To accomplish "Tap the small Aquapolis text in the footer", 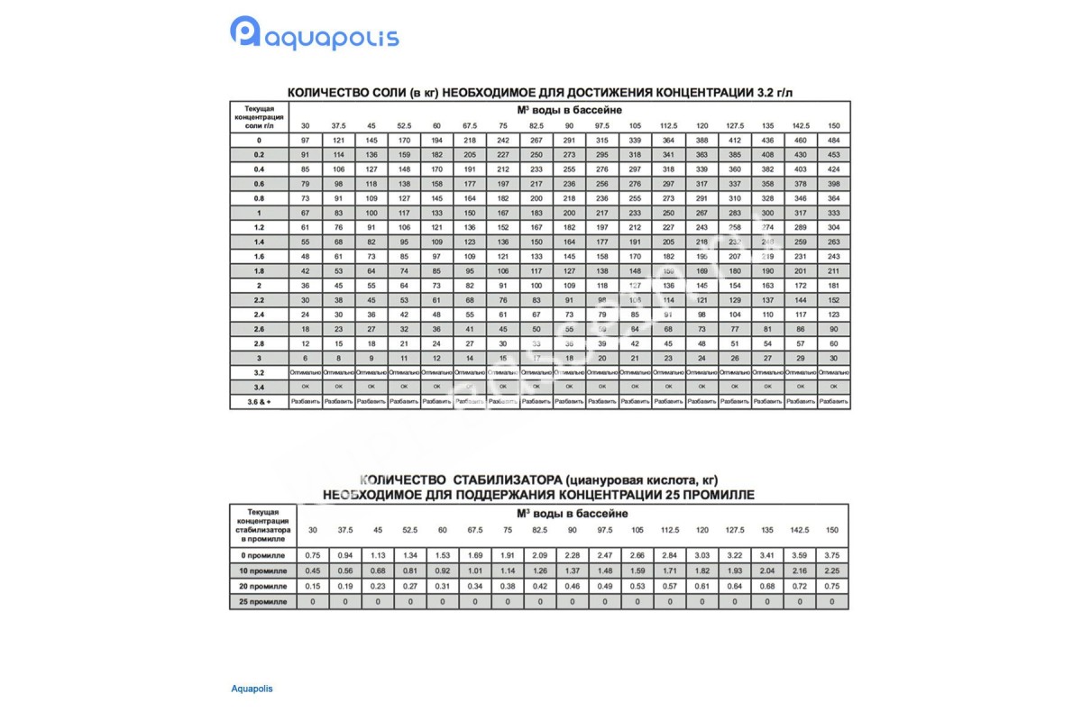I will [252, 689].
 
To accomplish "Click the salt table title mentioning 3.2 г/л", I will [540, 92].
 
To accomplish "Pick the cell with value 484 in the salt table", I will [832, 141].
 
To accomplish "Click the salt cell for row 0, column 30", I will [305, 141].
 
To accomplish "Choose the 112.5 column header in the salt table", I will [669, 125].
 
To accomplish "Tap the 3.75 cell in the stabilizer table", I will [832, 555].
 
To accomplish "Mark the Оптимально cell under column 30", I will [305, 371].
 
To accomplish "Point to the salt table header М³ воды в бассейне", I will [568, 109].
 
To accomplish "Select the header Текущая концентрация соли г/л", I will [259, 117].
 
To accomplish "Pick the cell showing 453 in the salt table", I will [832, 155].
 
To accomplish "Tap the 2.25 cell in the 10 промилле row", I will [832, 570].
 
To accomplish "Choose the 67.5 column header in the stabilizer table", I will [475, 530].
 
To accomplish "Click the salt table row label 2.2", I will [259, 299].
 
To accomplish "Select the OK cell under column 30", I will [305, 386].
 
